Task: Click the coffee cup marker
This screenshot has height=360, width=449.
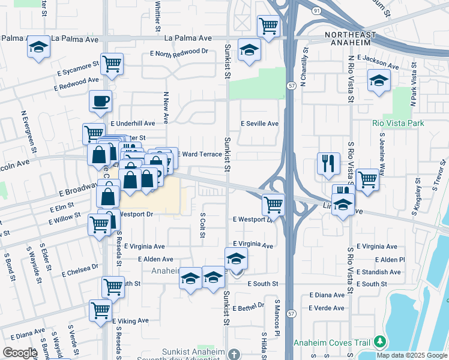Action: [x=101, y=101]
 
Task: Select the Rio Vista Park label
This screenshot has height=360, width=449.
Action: [x=398, y=124]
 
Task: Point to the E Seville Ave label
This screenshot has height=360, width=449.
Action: [x=259, y=124]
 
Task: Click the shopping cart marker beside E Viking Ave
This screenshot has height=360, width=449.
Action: [x=100, y=310]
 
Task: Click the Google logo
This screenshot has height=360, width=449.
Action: [x=20, y=353]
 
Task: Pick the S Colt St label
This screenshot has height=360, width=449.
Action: [x=202, y=225]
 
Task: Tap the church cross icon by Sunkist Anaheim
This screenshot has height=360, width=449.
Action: [x=234, y=355]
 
